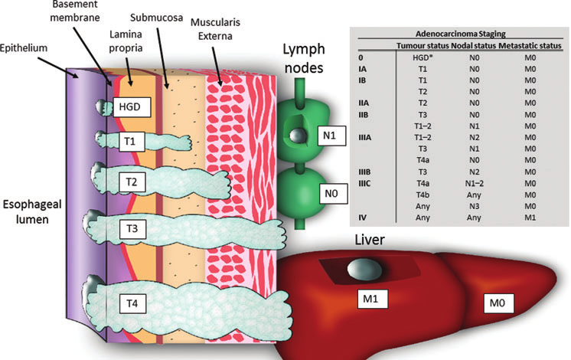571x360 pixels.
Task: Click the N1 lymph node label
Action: click(328, 137)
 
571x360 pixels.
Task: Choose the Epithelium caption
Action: click(26, 46)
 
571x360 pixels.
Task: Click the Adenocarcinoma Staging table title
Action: click(458, 35)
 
